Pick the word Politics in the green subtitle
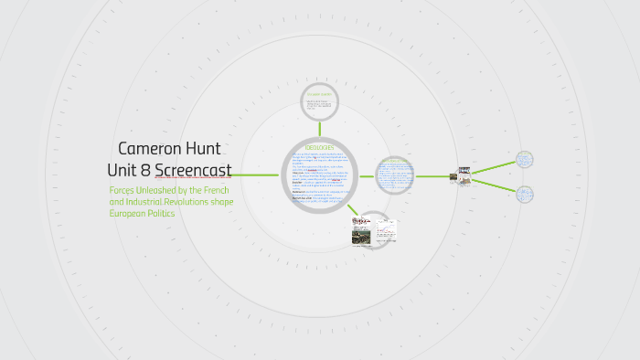click(155, 213)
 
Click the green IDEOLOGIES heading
click(319, 147)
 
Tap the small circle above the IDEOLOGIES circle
click(319, 103)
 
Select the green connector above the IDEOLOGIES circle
click(319, 129)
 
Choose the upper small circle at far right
click(525, 159)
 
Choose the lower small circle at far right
click(525, 194)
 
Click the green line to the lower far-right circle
click(494, 185)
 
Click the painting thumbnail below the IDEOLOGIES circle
click(361, 235)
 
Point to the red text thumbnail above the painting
click(361, 221)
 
